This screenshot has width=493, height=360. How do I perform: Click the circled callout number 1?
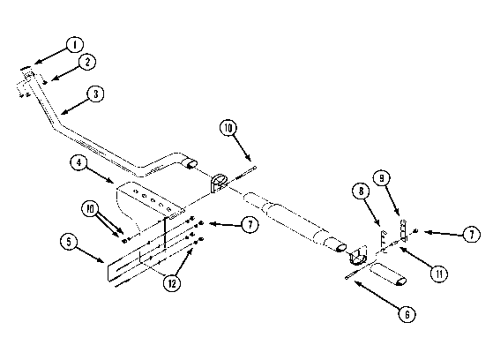[x=74, y=45]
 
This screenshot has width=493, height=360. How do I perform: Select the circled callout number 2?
[x=87, y=62]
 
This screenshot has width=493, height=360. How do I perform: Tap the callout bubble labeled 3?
[x=95, y=94]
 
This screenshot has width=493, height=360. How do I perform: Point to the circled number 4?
[x=78, y=162]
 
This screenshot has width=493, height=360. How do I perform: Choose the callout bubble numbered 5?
[x=69, y=242]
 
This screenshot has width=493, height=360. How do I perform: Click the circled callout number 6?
[x=407, y=314]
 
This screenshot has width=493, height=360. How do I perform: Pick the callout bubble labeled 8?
[x=361, y=191]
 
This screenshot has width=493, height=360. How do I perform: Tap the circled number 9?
[x=381, y=178]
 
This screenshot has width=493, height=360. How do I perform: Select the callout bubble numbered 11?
[x=439, y=274]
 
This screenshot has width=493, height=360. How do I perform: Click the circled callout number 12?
[x=172, y=283]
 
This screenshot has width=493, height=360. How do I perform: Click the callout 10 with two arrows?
[x=90, y=209]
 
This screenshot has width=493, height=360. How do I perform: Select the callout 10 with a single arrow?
[x=228, y=128]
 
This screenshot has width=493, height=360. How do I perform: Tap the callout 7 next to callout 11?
[x=472, y=235]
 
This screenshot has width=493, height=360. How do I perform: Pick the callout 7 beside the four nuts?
[x=250, y=225]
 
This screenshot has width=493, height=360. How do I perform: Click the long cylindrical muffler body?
[x=294, y=221]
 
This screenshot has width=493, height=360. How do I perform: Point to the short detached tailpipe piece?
[x=388, y=274]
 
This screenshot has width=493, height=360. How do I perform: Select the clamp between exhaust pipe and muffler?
[x=219, y=183]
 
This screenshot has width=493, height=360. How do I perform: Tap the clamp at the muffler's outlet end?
[x=358, y=256]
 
